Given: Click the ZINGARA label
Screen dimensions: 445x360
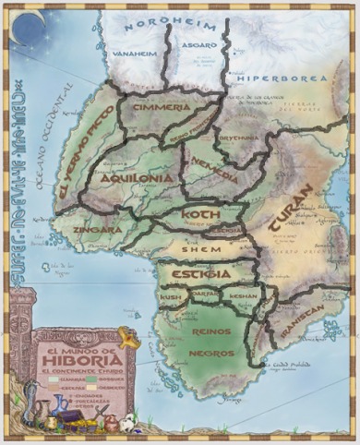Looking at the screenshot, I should (99, 229).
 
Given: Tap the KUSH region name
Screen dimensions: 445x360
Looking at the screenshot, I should (170, 298).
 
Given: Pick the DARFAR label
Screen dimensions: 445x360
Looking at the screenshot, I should (206, 295).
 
